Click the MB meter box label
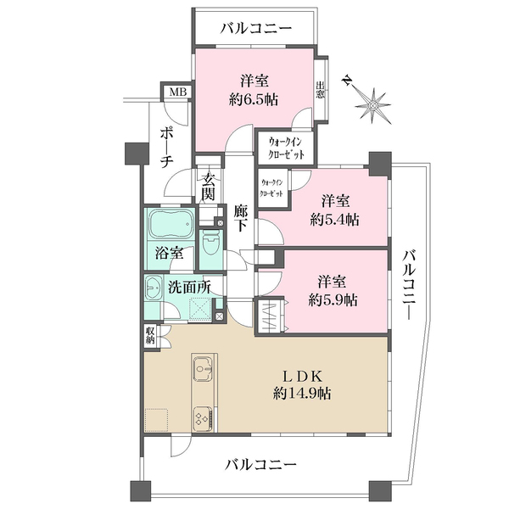pyautogui.click(x=178, y=92)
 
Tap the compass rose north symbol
pyautogui.click(x=372, y=105)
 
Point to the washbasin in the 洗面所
pyautogui.click(x=154, y=288)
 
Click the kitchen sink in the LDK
pyautogui.click(x=204, y=368)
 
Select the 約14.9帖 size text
pyautogui.click(x=302, y=394)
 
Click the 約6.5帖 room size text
pyautogui.click(x=254, y=99)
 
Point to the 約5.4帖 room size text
pyautogui.click(x=334, y=221)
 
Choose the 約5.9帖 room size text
pyautogui.click(x=333, y=300)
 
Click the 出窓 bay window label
pyautogui.click(x=321, y=90)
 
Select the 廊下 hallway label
pyautogui.click(x=241, y=219)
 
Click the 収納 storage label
pyautogui.click(x=150, y=336)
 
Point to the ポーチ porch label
pyautogui.click(x=165, y=148)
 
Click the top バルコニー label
pyautogui.click(x=256, y=29)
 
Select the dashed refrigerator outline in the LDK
pyautogui.click(x=156, y=420)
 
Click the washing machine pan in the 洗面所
pyautogui.click(x=200, y=309)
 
